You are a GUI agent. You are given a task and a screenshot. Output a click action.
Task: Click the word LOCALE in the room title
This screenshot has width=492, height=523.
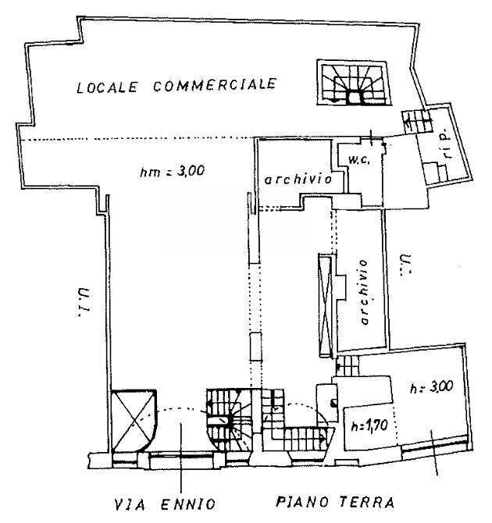[107, 87]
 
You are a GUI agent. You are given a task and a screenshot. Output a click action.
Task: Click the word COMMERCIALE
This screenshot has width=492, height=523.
[215, 84]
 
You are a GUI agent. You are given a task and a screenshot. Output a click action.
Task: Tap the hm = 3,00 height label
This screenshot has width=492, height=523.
[173, 172]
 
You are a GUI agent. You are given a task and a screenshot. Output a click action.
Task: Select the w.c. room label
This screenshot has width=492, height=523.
[359, 160]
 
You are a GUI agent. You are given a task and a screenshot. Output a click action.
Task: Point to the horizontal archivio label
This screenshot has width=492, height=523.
[298, 180]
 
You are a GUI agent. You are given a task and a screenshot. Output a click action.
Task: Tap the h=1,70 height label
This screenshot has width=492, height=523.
[369, 425]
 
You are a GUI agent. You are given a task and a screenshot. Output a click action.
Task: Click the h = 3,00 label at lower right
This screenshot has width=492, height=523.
[431, 387]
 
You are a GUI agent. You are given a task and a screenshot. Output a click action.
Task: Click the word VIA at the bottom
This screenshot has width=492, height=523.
[130, 504]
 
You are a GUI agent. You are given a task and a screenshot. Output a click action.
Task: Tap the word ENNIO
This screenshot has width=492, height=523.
[188, 503]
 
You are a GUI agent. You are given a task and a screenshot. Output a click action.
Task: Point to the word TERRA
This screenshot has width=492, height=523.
[367, 502]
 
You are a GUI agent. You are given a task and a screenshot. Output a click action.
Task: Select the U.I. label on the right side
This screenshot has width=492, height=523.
[405, 264]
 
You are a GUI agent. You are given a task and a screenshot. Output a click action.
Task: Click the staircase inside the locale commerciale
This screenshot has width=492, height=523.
[354, 84]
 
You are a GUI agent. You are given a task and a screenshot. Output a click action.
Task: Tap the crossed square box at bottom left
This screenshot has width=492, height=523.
[134, 421]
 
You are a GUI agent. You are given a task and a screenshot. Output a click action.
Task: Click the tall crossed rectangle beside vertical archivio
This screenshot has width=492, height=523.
[326, 305]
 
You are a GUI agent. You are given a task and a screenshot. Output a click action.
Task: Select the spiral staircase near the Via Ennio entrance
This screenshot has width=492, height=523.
[230, 418]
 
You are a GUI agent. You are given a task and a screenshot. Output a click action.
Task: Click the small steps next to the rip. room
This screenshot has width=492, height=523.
[416, 122]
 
